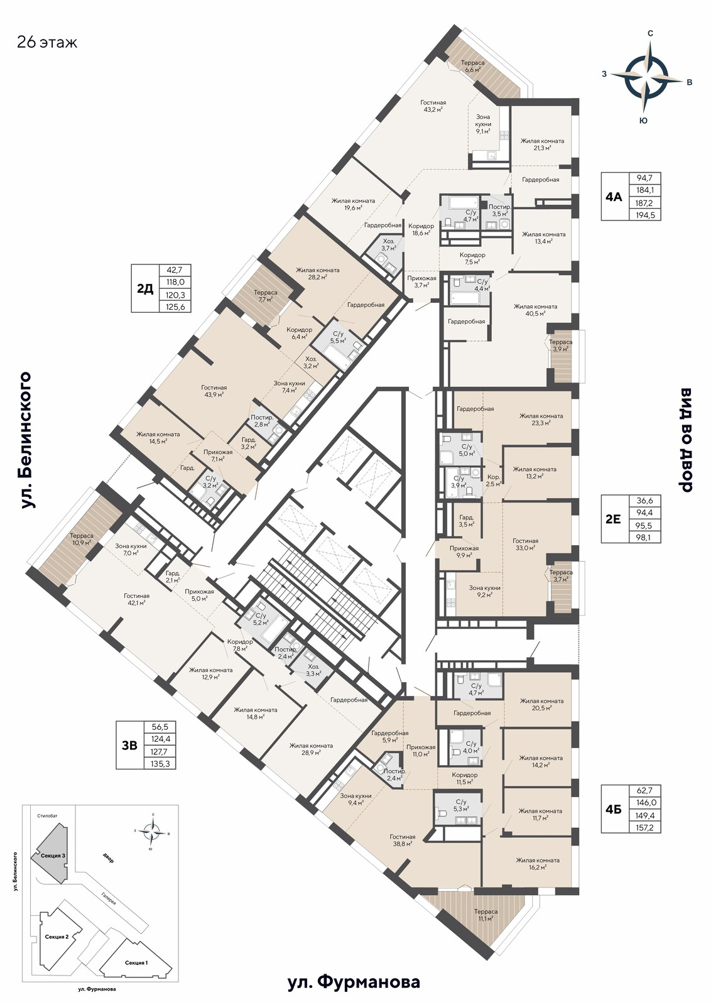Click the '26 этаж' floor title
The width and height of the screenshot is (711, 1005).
(x=47, y=42)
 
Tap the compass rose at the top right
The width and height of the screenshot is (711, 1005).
(x=646, y=77)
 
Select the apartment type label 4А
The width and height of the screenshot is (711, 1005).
(x=613, y=197)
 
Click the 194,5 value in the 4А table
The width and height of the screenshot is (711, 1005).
(x=646, y=215)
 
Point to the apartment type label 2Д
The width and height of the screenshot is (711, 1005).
(x=144, y=289)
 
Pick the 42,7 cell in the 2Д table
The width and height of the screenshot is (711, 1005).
(x=175, y=270)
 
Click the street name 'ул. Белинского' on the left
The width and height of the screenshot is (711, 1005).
(x=26, y=440)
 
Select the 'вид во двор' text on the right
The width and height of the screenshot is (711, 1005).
(x=685, y=439)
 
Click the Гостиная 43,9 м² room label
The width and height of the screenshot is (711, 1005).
(x=214, y=391)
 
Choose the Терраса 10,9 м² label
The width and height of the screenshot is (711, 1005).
(x=82, y=539)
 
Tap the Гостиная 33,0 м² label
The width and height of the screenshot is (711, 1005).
(x=526, y=544)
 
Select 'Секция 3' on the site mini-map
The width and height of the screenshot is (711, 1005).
(x=53, y=855)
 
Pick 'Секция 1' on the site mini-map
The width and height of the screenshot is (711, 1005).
(x=137, y=959)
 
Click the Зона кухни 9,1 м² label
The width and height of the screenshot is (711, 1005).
(x=484, y=124)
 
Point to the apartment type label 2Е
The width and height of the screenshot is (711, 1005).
(x=613, y=519)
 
